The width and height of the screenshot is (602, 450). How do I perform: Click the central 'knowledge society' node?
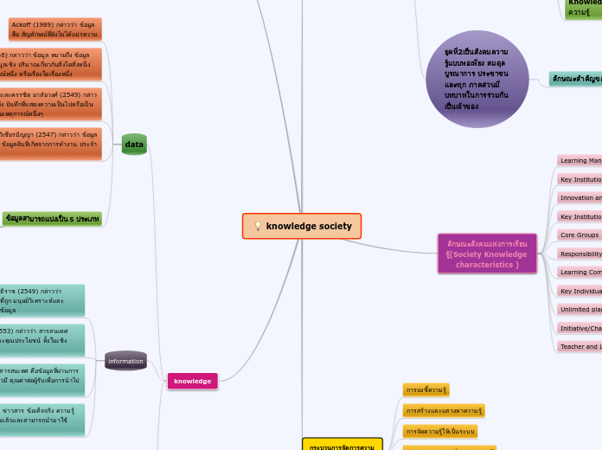pos(302,226)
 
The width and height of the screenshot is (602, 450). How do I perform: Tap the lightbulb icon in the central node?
pos(257,227)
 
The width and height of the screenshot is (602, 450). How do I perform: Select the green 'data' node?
pos(134,145)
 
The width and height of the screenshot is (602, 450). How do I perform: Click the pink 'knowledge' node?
pos(192,381)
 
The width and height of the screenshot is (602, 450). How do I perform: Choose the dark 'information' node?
pos(125,361)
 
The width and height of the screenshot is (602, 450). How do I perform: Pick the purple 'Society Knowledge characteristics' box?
pos(487,254)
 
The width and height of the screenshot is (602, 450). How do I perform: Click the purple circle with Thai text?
pos(477,78)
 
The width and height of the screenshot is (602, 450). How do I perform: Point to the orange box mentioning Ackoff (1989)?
pos(55,29)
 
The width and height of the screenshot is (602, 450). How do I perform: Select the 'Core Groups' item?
pos(580,235)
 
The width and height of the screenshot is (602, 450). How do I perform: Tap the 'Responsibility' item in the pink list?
pos(580,254)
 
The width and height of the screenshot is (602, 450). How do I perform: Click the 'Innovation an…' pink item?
pos(580,197)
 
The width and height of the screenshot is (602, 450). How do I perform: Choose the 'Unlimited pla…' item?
pos(580,309)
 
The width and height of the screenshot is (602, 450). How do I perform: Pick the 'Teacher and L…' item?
pos(580,346)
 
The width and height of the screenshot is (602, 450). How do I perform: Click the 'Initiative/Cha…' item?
pos(580,328)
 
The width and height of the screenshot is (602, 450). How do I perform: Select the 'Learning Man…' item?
pos(580,160)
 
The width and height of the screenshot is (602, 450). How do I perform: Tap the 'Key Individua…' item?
pos(580,291)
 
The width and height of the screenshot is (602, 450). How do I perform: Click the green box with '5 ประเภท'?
pos(52,219)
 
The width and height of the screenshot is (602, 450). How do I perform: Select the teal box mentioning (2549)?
pos(42,300)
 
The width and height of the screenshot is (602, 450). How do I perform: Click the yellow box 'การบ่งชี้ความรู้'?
pos(426,389)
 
